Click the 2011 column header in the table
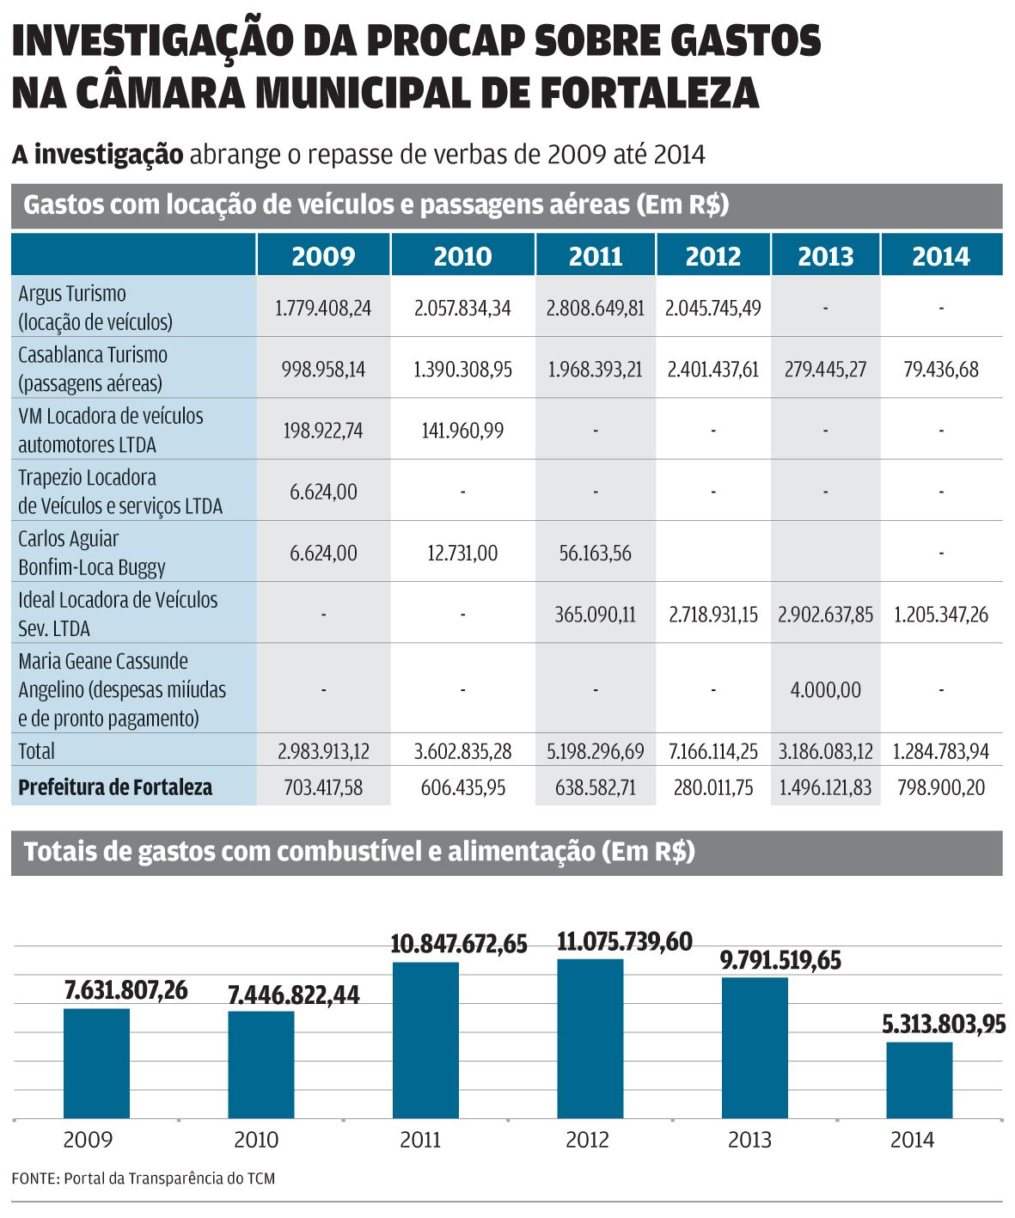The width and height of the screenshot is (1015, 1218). pos(595,256)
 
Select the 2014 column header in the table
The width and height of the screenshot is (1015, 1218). pos(940,256)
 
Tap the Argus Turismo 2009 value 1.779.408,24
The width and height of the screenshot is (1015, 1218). pos(323,308)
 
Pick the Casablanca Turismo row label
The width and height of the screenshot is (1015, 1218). pos(93,369)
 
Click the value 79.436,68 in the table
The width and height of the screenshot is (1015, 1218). pos(940,370)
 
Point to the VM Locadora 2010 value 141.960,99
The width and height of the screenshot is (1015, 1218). pos(462,431)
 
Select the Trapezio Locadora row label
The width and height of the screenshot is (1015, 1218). pos(119,491)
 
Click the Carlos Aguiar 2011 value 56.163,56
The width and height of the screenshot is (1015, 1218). pos(595,554)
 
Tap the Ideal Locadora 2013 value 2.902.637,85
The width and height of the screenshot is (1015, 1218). pos(825,615)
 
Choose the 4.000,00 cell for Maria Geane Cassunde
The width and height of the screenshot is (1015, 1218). pos(825,689)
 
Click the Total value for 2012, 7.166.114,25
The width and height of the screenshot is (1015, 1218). pos(713,751)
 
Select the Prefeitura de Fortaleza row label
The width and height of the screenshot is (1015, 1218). pos(115,787)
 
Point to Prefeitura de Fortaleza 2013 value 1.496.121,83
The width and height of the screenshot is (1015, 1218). pos(825,787)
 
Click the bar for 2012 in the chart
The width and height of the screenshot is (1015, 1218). pos(590,1038)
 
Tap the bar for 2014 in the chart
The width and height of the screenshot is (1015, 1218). pos(919,1080)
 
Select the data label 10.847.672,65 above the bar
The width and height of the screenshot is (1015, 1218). pos(459,944)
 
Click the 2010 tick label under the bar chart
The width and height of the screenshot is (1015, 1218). pos(256,1140)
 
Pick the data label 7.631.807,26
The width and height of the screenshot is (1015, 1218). pos(125,990)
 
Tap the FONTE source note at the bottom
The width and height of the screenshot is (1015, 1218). pos(144,1178)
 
